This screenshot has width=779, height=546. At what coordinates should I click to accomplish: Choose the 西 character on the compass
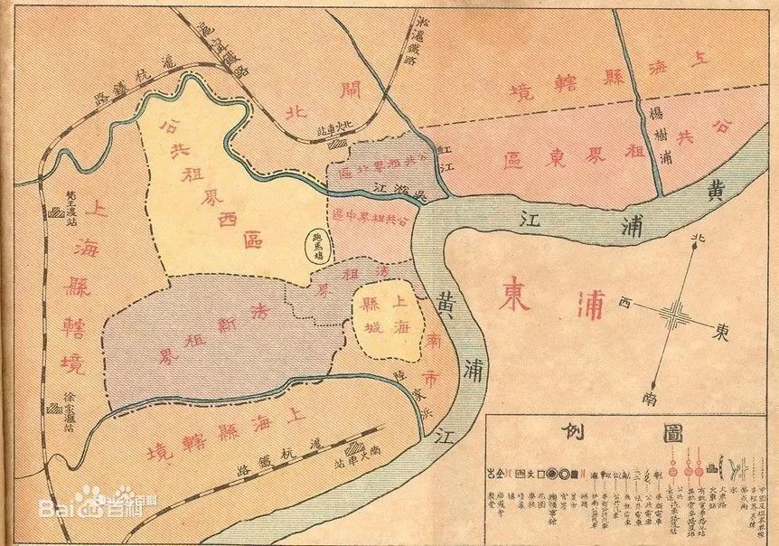point(624,305)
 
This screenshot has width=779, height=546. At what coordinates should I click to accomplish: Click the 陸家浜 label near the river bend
point(416,390)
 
